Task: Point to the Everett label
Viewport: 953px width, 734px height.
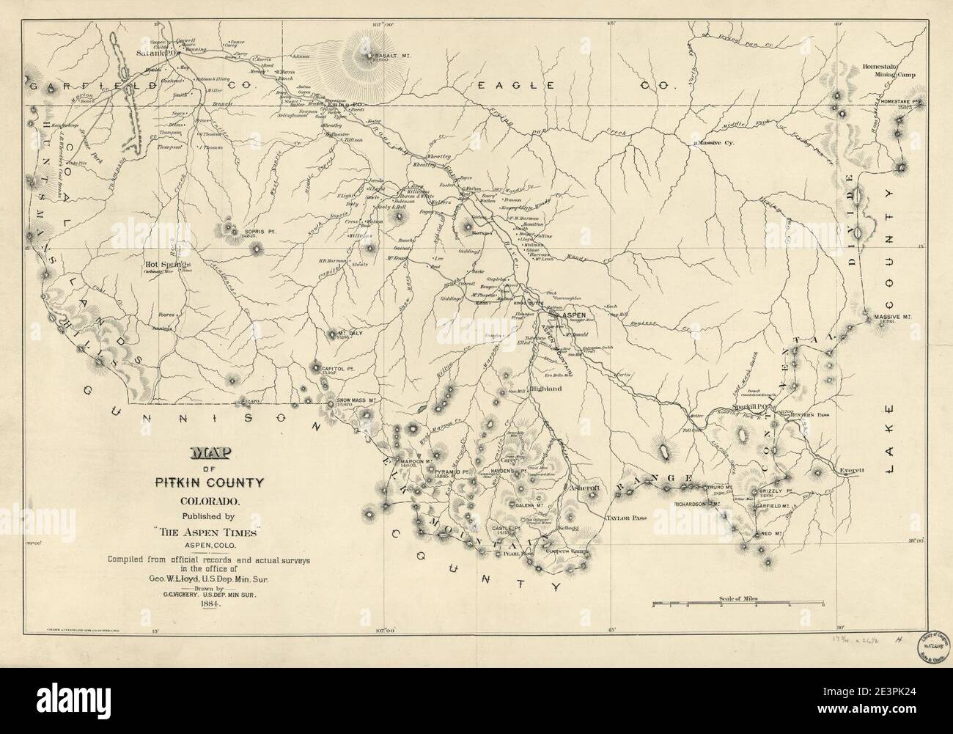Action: pos(854,471)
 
